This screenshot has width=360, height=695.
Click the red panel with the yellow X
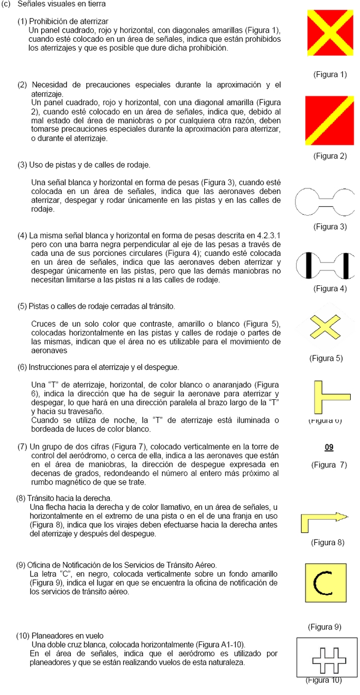[x=330, y=33]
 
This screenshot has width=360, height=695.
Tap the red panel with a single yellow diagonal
[x=330, y=120]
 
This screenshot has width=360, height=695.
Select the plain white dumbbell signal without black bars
[x=325, y=200]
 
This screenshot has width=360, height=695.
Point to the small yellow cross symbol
[x=325, y=327]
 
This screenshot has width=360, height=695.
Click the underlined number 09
[x=329, y=447]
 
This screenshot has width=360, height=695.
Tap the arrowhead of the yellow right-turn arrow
[x=342, y=516]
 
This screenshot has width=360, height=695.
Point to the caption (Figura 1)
[x=330, y=74]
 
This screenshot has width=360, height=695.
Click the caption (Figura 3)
[x=330, y=227]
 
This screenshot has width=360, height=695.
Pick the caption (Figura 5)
[x=326, y=358]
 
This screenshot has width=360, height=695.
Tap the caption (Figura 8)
[x=328, y=542]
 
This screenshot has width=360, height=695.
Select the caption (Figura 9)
[x=324, y=627]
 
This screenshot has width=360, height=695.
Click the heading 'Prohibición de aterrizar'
[x=69, y=21]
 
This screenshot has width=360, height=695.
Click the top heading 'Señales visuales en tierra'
[x=61, y=4]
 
